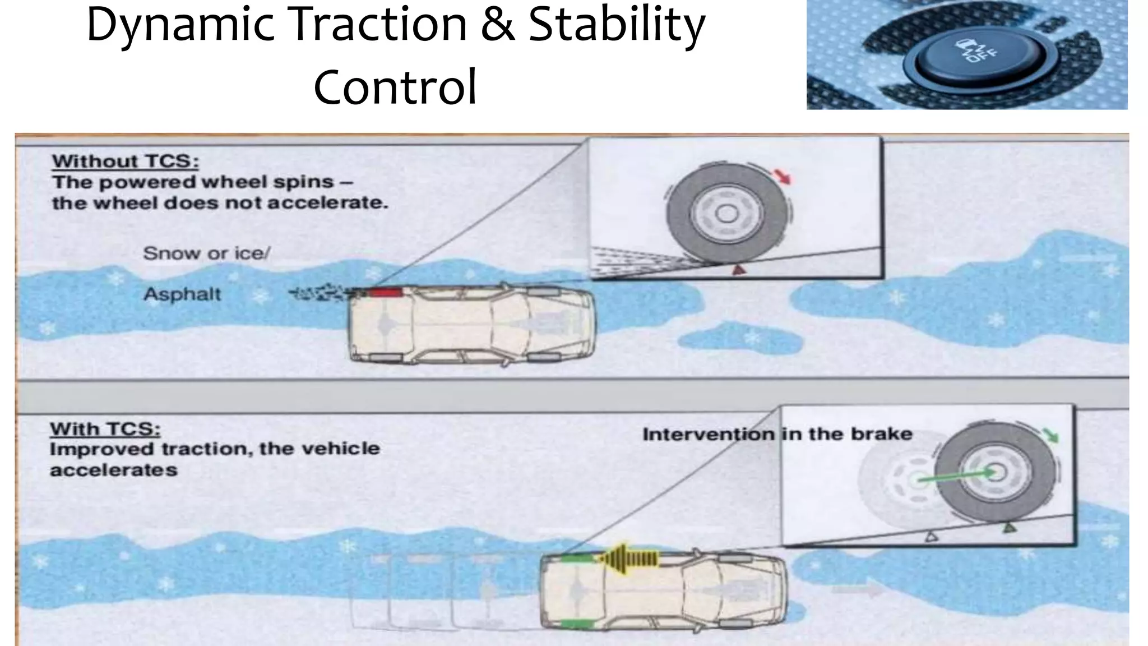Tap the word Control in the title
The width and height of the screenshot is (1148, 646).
click(395, 87)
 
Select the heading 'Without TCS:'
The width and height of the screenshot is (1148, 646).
click(126, 161)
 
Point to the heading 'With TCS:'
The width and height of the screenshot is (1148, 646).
click(105, 429)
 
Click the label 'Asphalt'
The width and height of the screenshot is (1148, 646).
click(182, 294)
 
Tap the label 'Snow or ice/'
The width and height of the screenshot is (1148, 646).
click(206, 253)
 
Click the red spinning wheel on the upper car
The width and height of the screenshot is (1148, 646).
click(385, 292)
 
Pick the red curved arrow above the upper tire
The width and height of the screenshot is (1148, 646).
click(783, 176)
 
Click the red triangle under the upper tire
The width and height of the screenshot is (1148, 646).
click(739, 270)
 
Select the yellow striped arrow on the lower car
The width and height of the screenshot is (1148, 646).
click(628, 558)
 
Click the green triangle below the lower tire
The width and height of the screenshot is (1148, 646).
click(1009, 527)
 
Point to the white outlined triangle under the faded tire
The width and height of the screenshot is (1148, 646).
click(931, 537)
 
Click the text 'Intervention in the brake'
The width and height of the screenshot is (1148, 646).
click(777, 434)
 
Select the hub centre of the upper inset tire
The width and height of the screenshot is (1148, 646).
click(727, 214)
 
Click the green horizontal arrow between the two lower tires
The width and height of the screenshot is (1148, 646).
click(953, 476)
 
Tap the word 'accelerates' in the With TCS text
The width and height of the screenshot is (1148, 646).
click(114, 470)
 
